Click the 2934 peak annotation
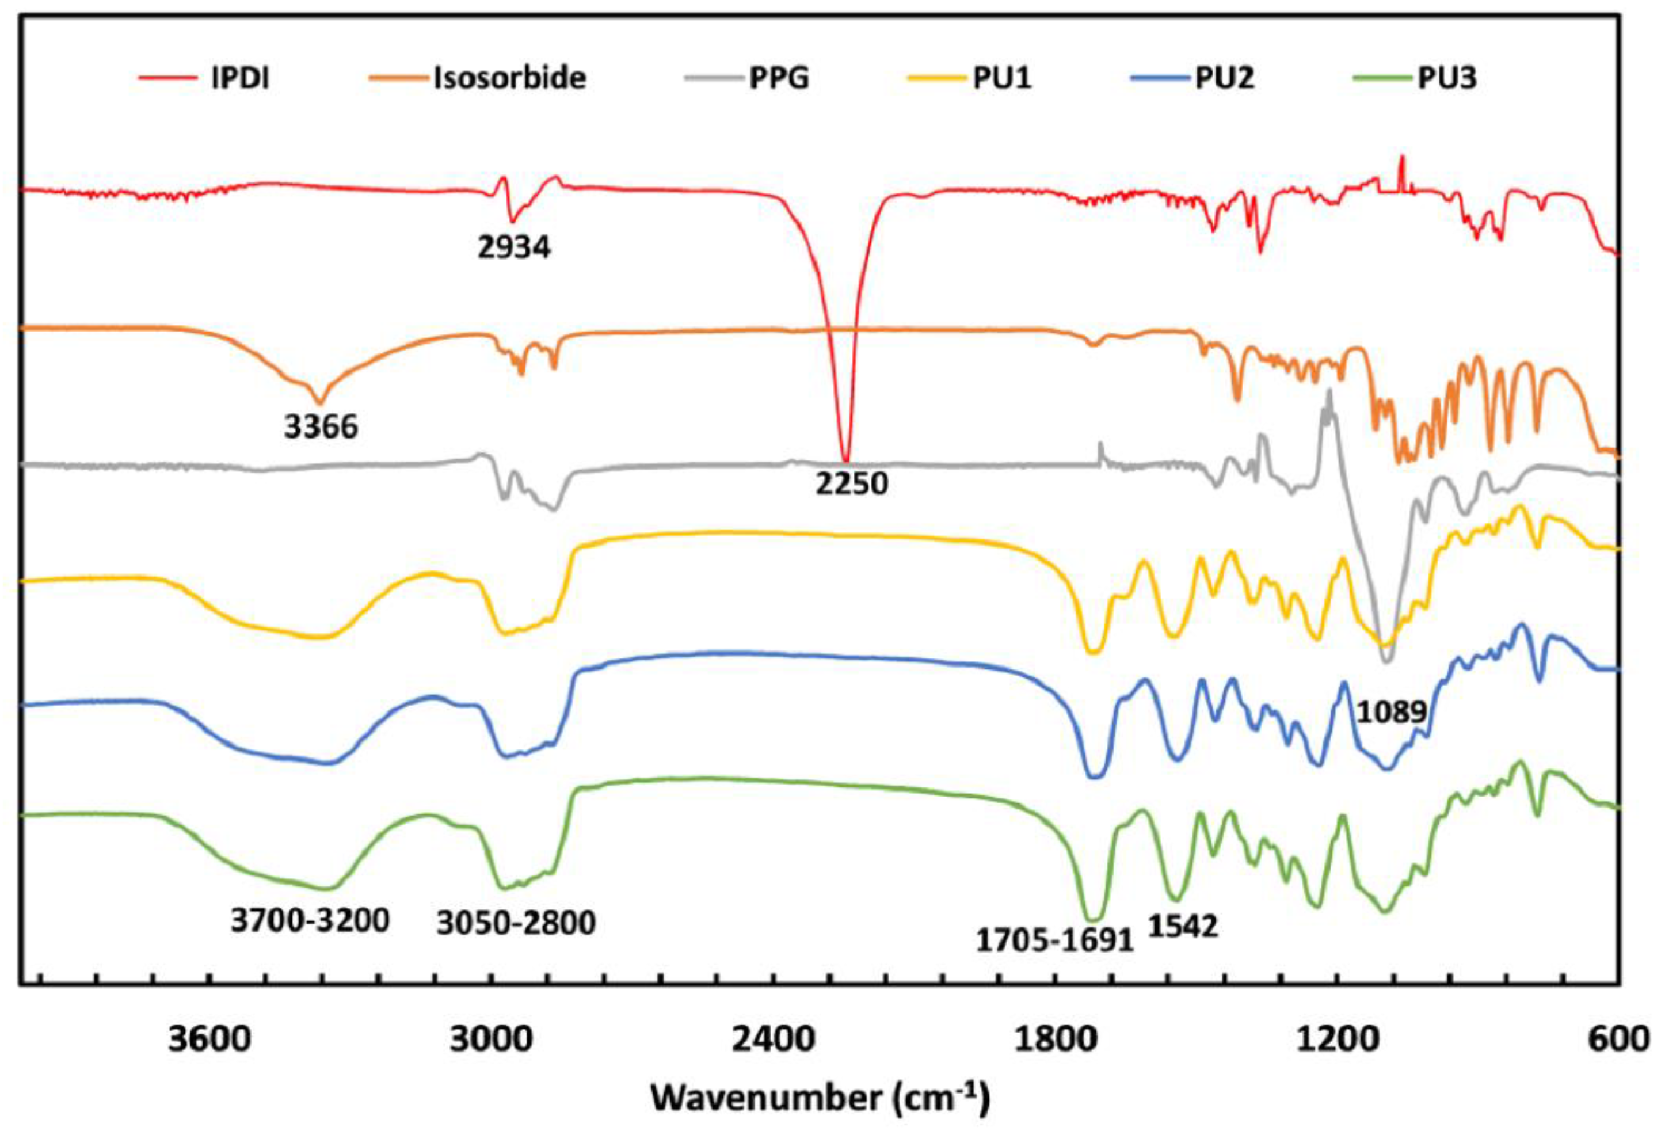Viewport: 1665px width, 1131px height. point(515,247)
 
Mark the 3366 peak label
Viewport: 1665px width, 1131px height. point(320,427)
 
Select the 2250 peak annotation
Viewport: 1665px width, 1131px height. point(851,484)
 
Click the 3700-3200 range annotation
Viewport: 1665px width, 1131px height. point(310,920)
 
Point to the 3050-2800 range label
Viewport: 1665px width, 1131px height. point(516,923)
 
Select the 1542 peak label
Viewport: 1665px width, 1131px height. point(1183,927)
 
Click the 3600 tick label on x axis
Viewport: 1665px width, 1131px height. point(210,1039)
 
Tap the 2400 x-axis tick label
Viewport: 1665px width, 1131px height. point(773,1039)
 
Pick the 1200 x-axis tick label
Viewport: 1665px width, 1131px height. point(1337,1039)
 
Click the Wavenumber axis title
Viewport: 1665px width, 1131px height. point(820,1098)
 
